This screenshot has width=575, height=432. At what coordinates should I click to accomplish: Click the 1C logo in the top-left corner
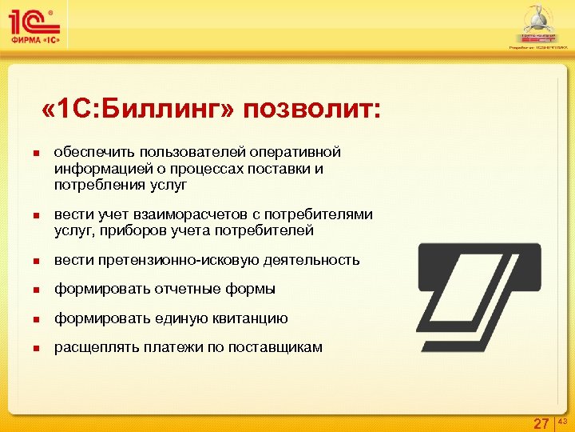(37, 26)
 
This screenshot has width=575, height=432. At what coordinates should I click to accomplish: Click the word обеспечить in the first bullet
(93, 152)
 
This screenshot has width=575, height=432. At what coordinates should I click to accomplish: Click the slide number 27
(541, 423)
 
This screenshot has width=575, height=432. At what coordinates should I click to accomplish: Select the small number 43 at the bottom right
(561, 420)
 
